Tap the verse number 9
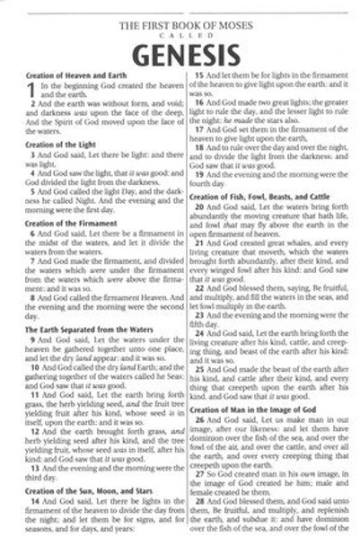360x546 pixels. (x=34, y=342)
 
